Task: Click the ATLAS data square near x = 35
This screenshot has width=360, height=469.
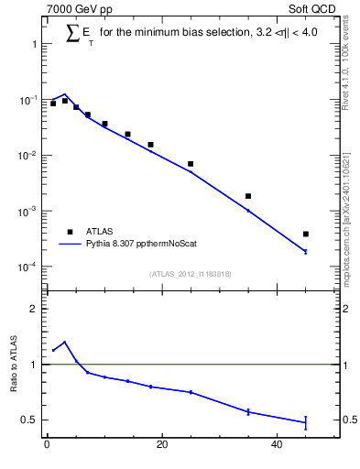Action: (x=248, y=196)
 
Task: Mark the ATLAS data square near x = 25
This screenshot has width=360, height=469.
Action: (x=191, y=164)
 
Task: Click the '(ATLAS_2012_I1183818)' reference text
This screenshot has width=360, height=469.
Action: (x=190, y=274)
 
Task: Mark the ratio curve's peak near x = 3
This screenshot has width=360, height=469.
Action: (x=64, y=342)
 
